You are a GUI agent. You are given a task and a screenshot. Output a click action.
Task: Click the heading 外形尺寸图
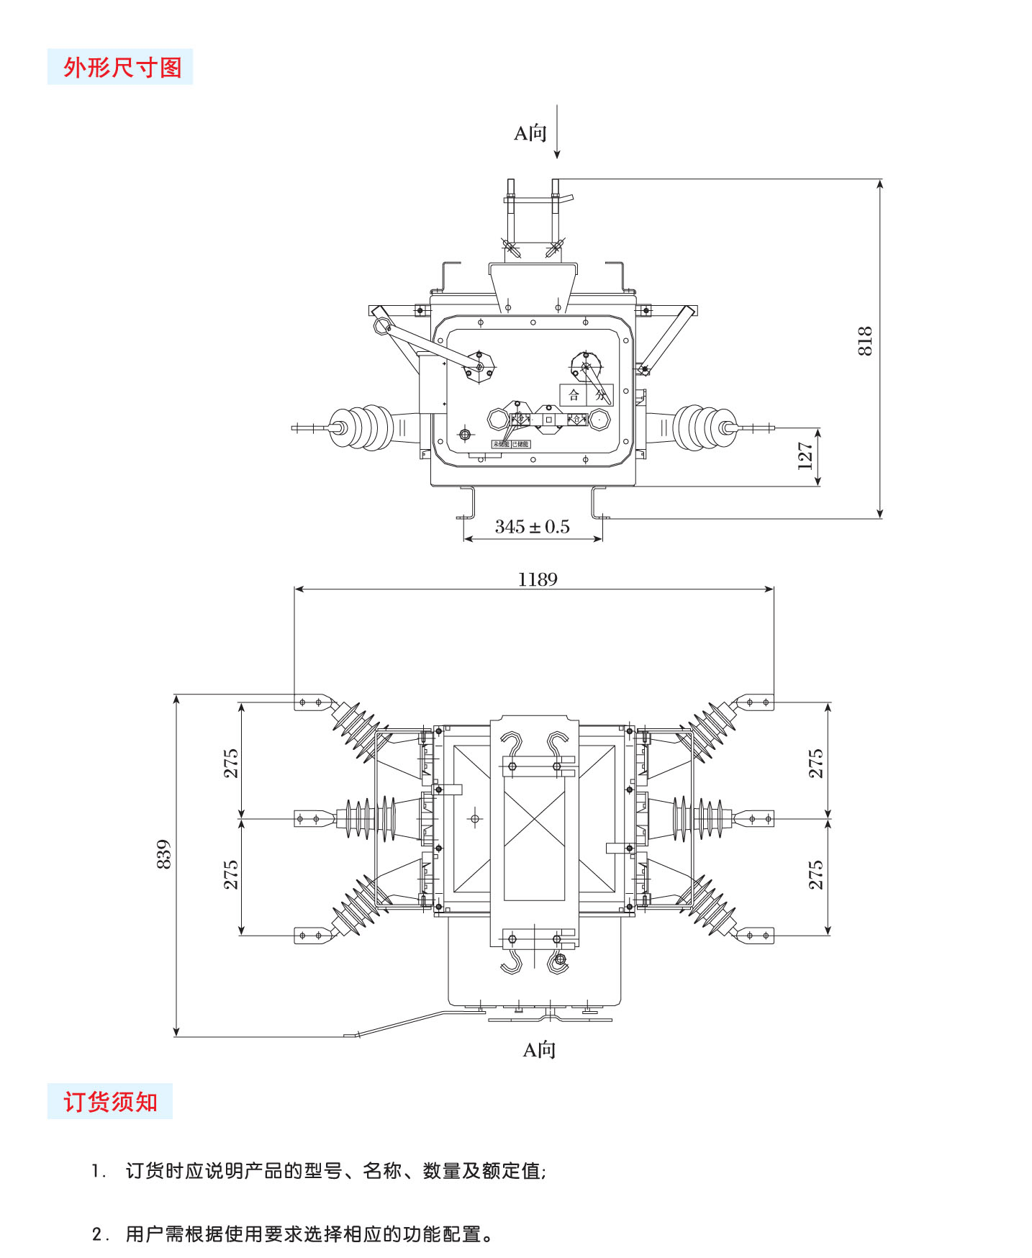click(x=121, y=67)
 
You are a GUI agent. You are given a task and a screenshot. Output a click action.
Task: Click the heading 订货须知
click(x=110, y=1101)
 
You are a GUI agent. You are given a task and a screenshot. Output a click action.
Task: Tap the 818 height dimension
click(x=864, y=340)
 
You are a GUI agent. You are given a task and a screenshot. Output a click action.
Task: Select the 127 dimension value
click(x=805, y=456)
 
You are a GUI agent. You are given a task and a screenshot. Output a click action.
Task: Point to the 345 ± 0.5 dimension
click(x=532, y=527)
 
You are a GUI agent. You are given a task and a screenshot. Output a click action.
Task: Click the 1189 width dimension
click(x=538, y=579)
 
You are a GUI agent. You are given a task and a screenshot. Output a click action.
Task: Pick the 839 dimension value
click(x=164, y=854)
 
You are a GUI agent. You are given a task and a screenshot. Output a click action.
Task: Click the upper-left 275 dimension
click(x=230, y=763)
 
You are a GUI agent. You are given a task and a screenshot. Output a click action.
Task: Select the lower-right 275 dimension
click(x=815, y=874)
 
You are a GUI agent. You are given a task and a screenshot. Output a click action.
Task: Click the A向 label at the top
click(x=530, y=133)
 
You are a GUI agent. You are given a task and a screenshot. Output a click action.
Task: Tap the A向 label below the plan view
click(x=539, y=1049)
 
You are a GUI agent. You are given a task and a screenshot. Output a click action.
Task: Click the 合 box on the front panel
click(x=574, y=394)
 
